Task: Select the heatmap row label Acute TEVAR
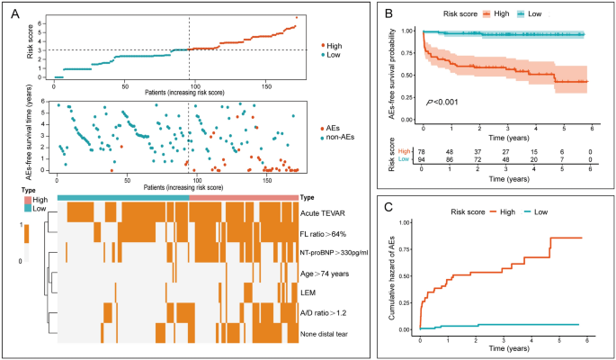[x=326, y=213]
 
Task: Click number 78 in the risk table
[x=424, y=151]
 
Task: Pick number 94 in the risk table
[x=424, y=160]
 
